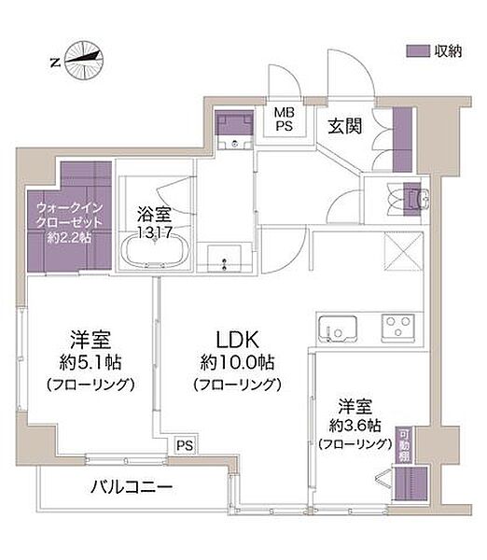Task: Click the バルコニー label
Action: coord(132,487)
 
